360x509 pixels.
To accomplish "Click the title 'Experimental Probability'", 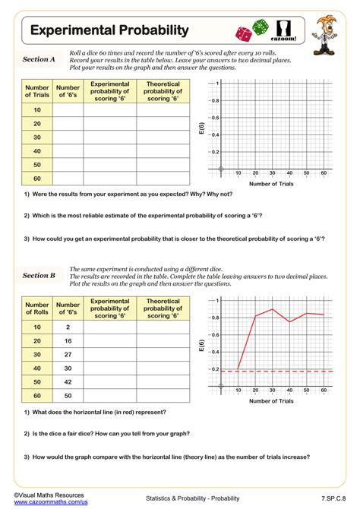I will tap(109, 30).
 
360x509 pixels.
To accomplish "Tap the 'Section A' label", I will tap(39, 59).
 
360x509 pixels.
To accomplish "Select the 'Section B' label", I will tap(39, 276).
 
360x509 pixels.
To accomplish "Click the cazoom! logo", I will tap(286, 30).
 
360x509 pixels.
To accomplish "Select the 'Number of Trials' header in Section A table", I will tap(37, 90).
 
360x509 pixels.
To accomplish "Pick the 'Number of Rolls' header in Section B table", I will tap(37, 307).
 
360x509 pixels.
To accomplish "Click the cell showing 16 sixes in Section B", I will tap(68, 341).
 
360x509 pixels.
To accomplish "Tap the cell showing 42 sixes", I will tap(68, 381).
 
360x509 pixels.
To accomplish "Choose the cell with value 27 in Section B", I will tap(68, 355).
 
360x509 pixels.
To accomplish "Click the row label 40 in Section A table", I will tap(37, 150).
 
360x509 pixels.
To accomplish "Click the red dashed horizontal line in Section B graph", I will tap(289, 371).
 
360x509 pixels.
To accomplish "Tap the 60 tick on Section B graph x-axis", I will tap(324, 390).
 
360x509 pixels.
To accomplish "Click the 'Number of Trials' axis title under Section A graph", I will tap(271, 183).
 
